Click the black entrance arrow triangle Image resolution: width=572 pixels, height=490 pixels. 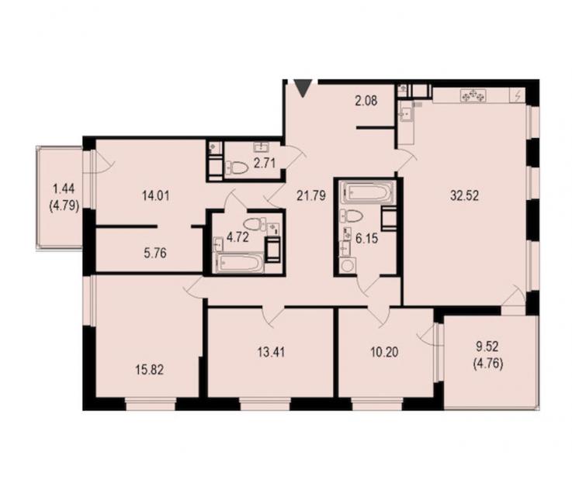coord(303,88)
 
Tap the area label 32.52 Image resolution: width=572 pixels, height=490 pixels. coord(464,196)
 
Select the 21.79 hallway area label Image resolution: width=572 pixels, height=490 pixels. coord(310,196)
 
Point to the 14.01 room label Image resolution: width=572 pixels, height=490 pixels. coord(156,196)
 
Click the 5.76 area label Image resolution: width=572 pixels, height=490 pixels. coord(155,253)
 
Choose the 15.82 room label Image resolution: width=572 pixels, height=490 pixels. coord(150,370)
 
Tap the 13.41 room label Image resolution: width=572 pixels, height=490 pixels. coord(272,352)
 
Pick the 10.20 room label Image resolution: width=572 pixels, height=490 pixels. coord(384,352)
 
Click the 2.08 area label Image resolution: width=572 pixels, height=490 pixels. coord(366,101)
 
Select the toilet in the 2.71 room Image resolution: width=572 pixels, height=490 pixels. coord(237,168)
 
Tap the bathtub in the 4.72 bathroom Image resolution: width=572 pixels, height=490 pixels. coord(240,262)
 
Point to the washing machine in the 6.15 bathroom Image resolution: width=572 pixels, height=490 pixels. coord(348,265)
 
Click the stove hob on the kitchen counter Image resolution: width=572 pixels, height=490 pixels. coord(473,95)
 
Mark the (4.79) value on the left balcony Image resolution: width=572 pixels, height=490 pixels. coord(64,206)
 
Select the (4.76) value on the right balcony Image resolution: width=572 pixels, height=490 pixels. coord(487,364)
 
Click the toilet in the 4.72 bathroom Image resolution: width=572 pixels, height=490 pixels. coord(252,224)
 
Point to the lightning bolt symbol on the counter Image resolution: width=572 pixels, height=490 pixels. coord(517,96)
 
